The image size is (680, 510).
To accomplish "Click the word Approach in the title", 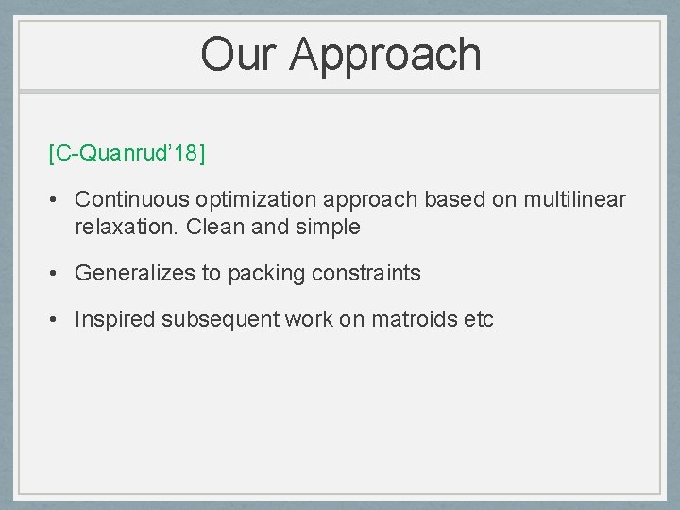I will click(385, 55).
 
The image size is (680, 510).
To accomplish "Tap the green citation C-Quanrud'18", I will click(127, 153).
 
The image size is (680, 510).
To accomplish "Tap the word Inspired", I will click(115, 320).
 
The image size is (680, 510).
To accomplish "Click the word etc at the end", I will click(478, 320).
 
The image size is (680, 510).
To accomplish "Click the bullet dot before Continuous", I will click(56, 200).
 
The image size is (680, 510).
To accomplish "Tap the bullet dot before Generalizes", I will click(56, 274).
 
